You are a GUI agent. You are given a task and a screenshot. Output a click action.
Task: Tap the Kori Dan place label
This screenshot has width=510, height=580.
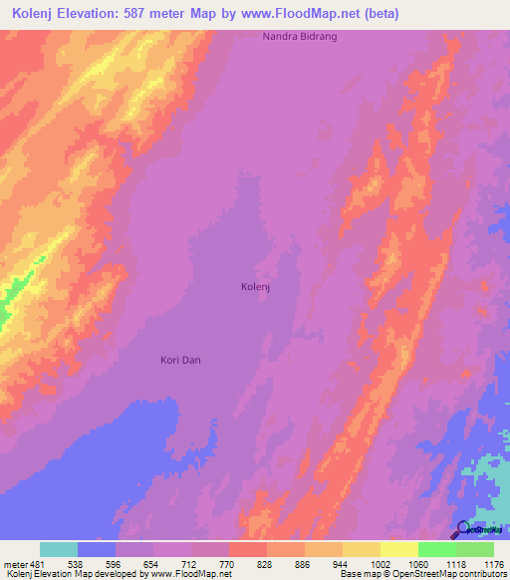(x=181, y=360)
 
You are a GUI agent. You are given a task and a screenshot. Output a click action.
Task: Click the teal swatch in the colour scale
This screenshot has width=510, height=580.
(x=59, y=549)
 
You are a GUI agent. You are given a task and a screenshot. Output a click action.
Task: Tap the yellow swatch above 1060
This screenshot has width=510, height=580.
(x=398, y=549)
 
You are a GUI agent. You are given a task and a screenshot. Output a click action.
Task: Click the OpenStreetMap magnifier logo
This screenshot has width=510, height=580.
(x=462, y=530)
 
